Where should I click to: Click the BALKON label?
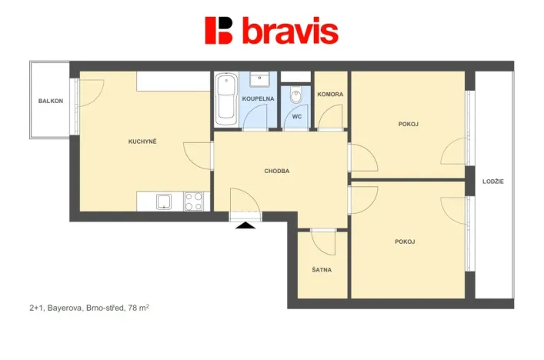51,102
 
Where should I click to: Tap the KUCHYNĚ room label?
142,142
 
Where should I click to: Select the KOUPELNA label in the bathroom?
258,99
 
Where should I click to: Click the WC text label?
295,118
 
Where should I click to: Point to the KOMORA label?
331,94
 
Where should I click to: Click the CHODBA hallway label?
276,172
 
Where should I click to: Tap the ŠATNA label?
322,270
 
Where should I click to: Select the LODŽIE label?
492,182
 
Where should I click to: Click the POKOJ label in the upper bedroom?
409,124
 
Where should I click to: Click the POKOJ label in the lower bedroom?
405,242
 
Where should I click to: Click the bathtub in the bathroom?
225,100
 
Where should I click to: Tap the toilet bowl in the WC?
296,96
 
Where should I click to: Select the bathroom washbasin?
260,78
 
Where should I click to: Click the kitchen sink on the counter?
165,202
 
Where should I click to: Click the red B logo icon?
219,30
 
